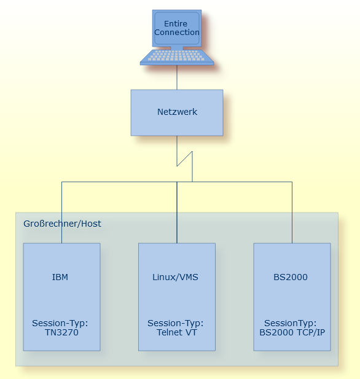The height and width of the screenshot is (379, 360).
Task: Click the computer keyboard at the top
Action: [177, 57]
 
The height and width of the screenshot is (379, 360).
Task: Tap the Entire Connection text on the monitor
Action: [177, 28]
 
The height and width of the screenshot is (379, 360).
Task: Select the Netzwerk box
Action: [177, 126]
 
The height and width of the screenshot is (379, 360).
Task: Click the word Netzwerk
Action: [177, 112]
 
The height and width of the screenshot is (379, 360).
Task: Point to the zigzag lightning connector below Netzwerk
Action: [185, 158]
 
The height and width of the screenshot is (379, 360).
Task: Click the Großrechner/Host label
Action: [62, 224]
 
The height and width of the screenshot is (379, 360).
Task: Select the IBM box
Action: [61, 301]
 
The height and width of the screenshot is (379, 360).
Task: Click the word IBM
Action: [60, 277]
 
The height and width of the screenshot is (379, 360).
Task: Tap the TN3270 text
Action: [61, 332]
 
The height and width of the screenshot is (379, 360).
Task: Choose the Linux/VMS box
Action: [177, 301]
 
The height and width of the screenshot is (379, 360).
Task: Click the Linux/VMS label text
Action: [176, 277]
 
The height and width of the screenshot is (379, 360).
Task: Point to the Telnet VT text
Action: [176, 332]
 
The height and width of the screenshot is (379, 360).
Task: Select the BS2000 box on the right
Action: [292, 301]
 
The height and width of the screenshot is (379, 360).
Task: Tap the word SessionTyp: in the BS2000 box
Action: [291, 323]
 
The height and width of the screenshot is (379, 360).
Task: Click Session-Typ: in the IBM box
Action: [60, 323]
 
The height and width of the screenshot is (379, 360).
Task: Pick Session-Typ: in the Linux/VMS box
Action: [176, 323]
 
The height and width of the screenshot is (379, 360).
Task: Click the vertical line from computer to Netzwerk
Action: [177, 77]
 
